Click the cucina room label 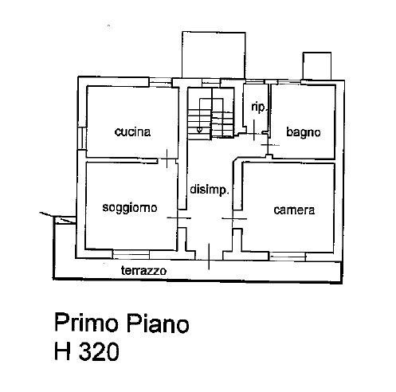tap(132, 132)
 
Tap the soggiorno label tap(130, 208)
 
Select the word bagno tap(304, 132)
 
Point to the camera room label tap(294, 210)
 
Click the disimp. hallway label tap(210, 190)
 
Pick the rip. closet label tap(259, 108)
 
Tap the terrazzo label tap(144, 271)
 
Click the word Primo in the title tap(86, 323)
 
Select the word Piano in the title tap(158, 323)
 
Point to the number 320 tap(99, 351)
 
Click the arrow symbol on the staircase tap(199, 130)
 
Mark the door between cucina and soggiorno tap(167, 159)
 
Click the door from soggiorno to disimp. tap(178, 218)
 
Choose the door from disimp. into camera tap(234, 218)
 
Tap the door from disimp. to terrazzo tap(209, 257)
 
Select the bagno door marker tap(270, 145)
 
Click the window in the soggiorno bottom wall tap(131, 254)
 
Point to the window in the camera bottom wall tap(287, 257)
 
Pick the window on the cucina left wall tap(82, 139)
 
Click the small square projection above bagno tap(317, 66)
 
